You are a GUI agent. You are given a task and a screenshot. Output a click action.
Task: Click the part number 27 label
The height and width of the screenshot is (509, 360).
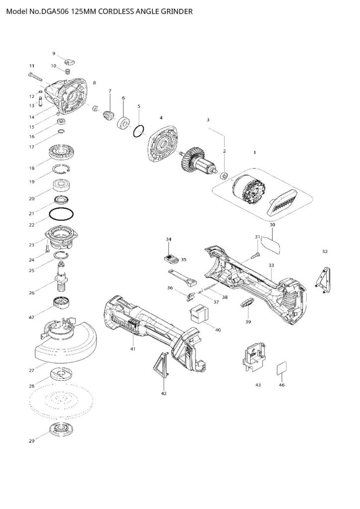point(31,370)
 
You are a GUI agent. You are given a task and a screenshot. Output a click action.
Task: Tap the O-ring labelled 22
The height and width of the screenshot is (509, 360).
point(61,215)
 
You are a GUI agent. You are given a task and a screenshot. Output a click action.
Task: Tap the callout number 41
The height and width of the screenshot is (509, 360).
point(132,349)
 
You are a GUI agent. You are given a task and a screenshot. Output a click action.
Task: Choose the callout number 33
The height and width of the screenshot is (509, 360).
point(271,265)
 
